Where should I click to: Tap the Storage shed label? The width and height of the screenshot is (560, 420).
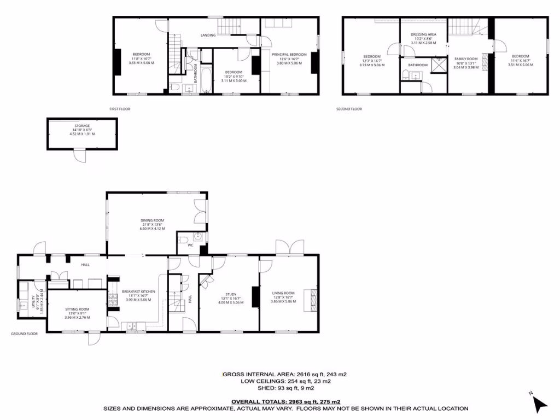coord(82,126)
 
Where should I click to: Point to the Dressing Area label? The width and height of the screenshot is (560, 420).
coord(422,34)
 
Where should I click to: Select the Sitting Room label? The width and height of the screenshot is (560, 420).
coord(77,309)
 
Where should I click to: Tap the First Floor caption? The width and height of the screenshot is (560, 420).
coord(120,109)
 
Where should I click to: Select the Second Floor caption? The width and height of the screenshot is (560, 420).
coord(349,109)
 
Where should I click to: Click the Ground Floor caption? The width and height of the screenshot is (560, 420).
coord(25,333)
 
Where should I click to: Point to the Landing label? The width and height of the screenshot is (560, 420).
coord(208,35)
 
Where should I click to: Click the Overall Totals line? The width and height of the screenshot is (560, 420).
coord(285,401)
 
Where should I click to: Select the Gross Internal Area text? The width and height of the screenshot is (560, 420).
coord(284,375)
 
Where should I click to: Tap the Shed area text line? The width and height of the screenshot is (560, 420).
coord(284,389)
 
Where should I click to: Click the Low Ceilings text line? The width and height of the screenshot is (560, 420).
coord(284,382)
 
